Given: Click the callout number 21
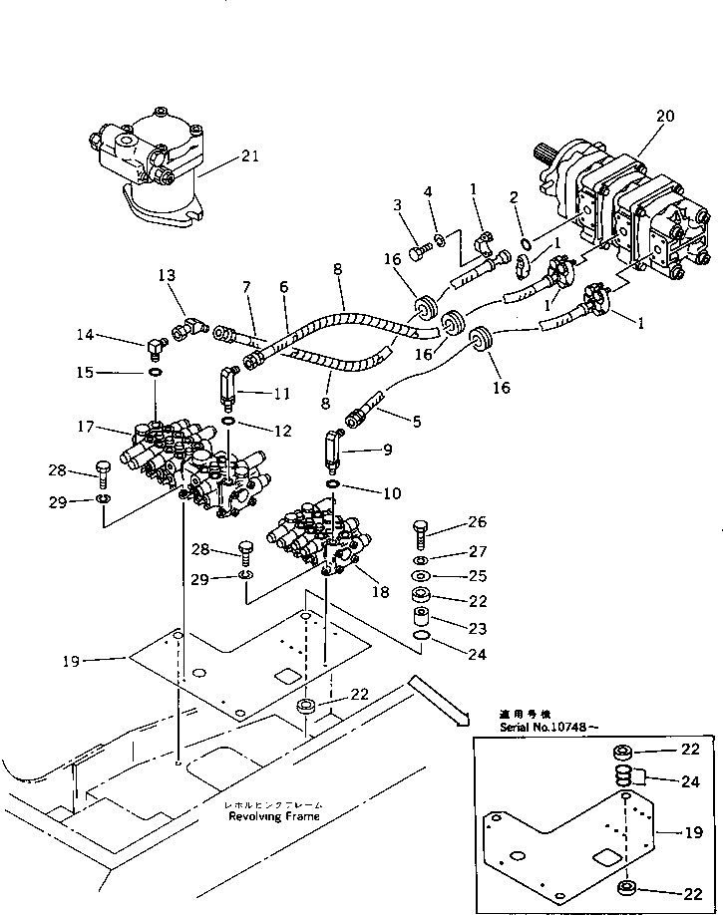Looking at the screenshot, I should point(249,155).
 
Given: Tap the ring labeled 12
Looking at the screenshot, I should point(228,424).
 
